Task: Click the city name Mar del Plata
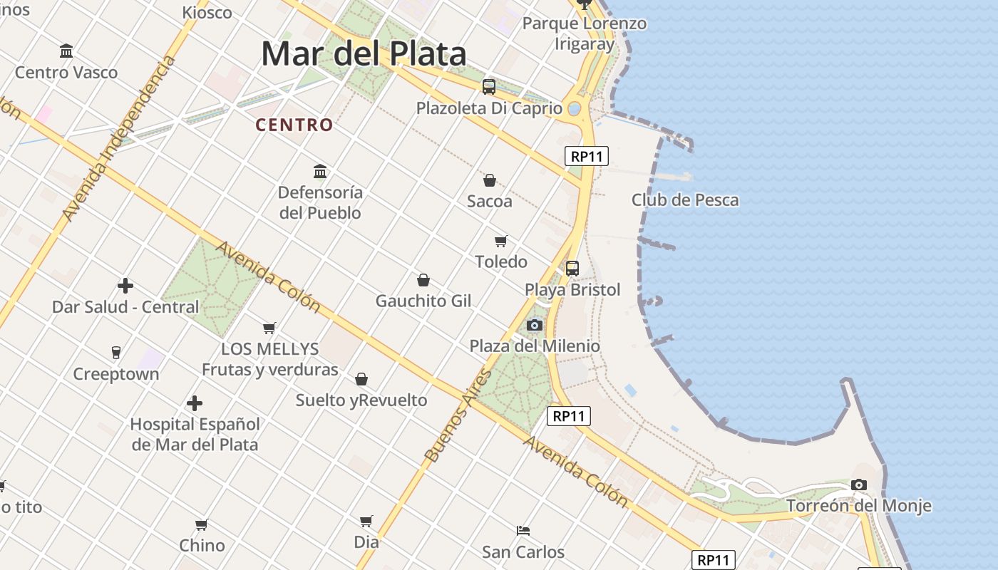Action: (x=364, y=54)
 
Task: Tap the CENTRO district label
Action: (x=294, y=125)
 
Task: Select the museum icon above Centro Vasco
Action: (x=66, y=51)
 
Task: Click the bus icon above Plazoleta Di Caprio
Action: (x=488, y=87)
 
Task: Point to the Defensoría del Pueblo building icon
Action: (x=320, y=171)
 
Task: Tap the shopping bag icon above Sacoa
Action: (x=490, y=180)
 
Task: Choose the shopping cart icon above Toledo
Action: (x=501, y=241)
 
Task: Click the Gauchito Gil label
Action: (x=423, y=301)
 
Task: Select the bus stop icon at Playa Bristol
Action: (x=572, y=269)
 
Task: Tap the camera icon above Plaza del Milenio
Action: (x=534, y=326)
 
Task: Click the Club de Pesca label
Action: (x=685, y=200)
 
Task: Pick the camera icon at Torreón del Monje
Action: (x=859, y=485)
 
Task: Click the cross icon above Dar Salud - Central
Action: (x=125, y=286)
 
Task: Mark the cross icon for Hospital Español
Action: (x=195, y=403)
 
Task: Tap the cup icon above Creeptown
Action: (x=116, y=352)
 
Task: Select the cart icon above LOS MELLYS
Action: (x=269, y=328)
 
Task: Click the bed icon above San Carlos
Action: (x=523, y=530)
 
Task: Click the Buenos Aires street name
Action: (x=458, y=415)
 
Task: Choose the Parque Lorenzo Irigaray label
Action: (x=585, y=33)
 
